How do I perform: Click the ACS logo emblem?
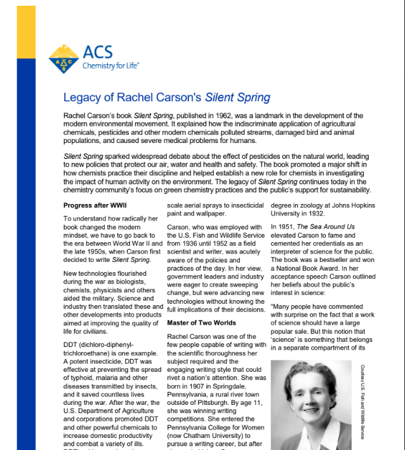click(x=63, y=58)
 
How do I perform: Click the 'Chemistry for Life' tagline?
click(x=110, y=65)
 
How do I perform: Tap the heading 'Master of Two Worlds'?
click(x=201, y=322)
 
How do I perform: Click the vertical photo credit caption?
click(x=362, y=401)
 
